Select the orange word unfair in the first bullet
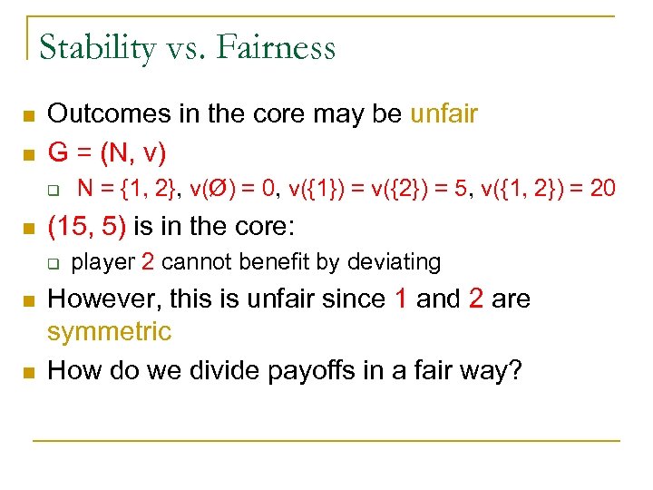(443, 114)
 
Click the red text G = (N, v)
(106, 151)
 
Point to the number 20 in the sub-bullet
(602, 188)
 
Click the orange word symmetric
(109, 331)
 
